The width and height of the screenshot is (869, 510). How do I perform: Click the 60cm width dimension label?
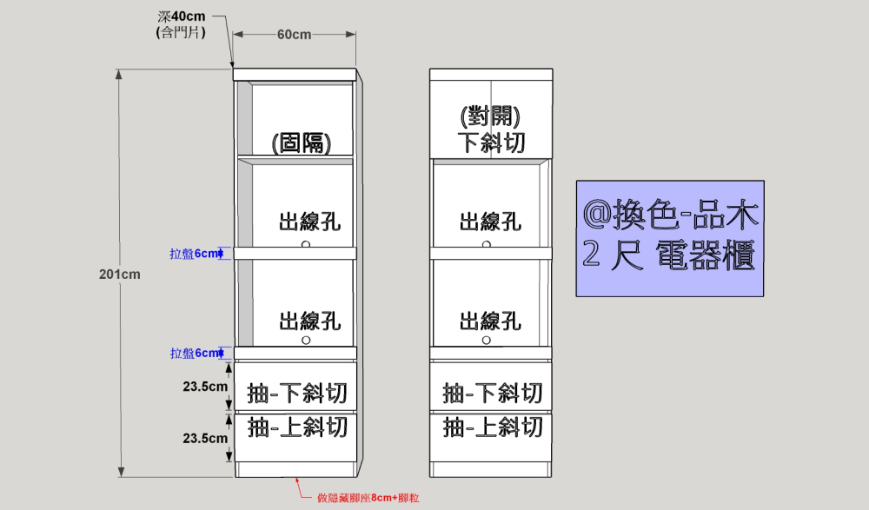295,35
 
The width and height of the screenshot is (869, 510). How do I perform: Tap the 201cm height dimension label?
119,275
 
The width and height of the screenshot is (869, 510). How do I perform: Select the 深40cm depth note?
182,17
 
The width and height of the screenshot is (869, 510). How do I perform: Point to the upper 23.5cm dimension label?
205,387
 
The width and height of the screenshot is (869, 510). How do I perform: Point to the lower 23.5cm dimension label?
205,439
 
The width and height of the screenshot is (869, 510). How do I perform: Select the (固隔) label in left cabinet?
301,142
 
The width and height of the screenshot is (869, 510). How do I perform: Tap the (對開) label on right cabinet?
491,116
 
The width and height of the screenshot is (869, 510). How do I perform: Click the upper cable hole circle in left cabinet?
306,244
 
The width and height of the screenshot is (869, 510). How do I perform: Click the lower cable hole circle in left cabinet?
306,341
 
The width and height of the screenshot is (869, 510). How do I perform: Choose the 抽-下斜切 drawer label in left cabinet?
297,394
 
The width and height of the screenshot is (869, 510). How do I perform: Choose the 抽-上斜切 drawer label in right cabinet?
493,427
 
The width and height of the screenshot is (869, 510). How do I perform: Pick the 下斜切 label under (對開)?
491,142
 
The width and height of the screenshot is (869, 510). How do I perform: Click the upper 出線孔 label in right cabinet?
491,222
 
